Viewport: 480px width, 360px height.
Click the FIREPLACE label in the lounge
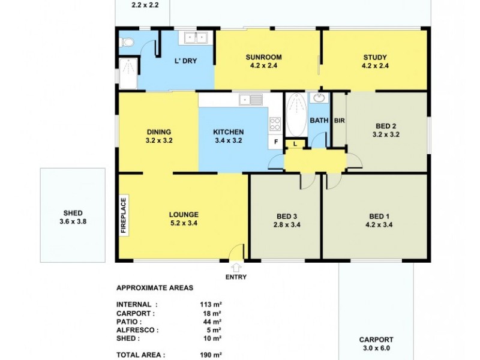click(x=124, y=215)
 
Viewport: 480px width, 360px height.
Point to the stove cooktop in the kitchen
click(x=276, y=124)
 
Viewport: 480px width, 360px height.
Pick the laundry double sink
click(x=194, y=39)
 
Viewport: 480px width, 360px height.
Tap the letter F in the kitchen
click(x=276, y=142)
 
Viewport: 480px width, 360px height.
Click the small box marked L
click(x=295, y=143)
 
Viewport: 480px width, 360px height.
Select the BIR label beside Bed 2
click(x=339, y=120)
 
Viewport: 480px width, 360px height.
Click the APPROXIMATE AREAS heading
click(x=154, y=287)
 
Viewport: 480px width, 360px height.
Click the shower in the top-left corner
click(x=128, y=74)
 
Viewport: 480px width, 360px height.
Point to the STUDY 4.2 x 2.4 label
click(x=375, y=62)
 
